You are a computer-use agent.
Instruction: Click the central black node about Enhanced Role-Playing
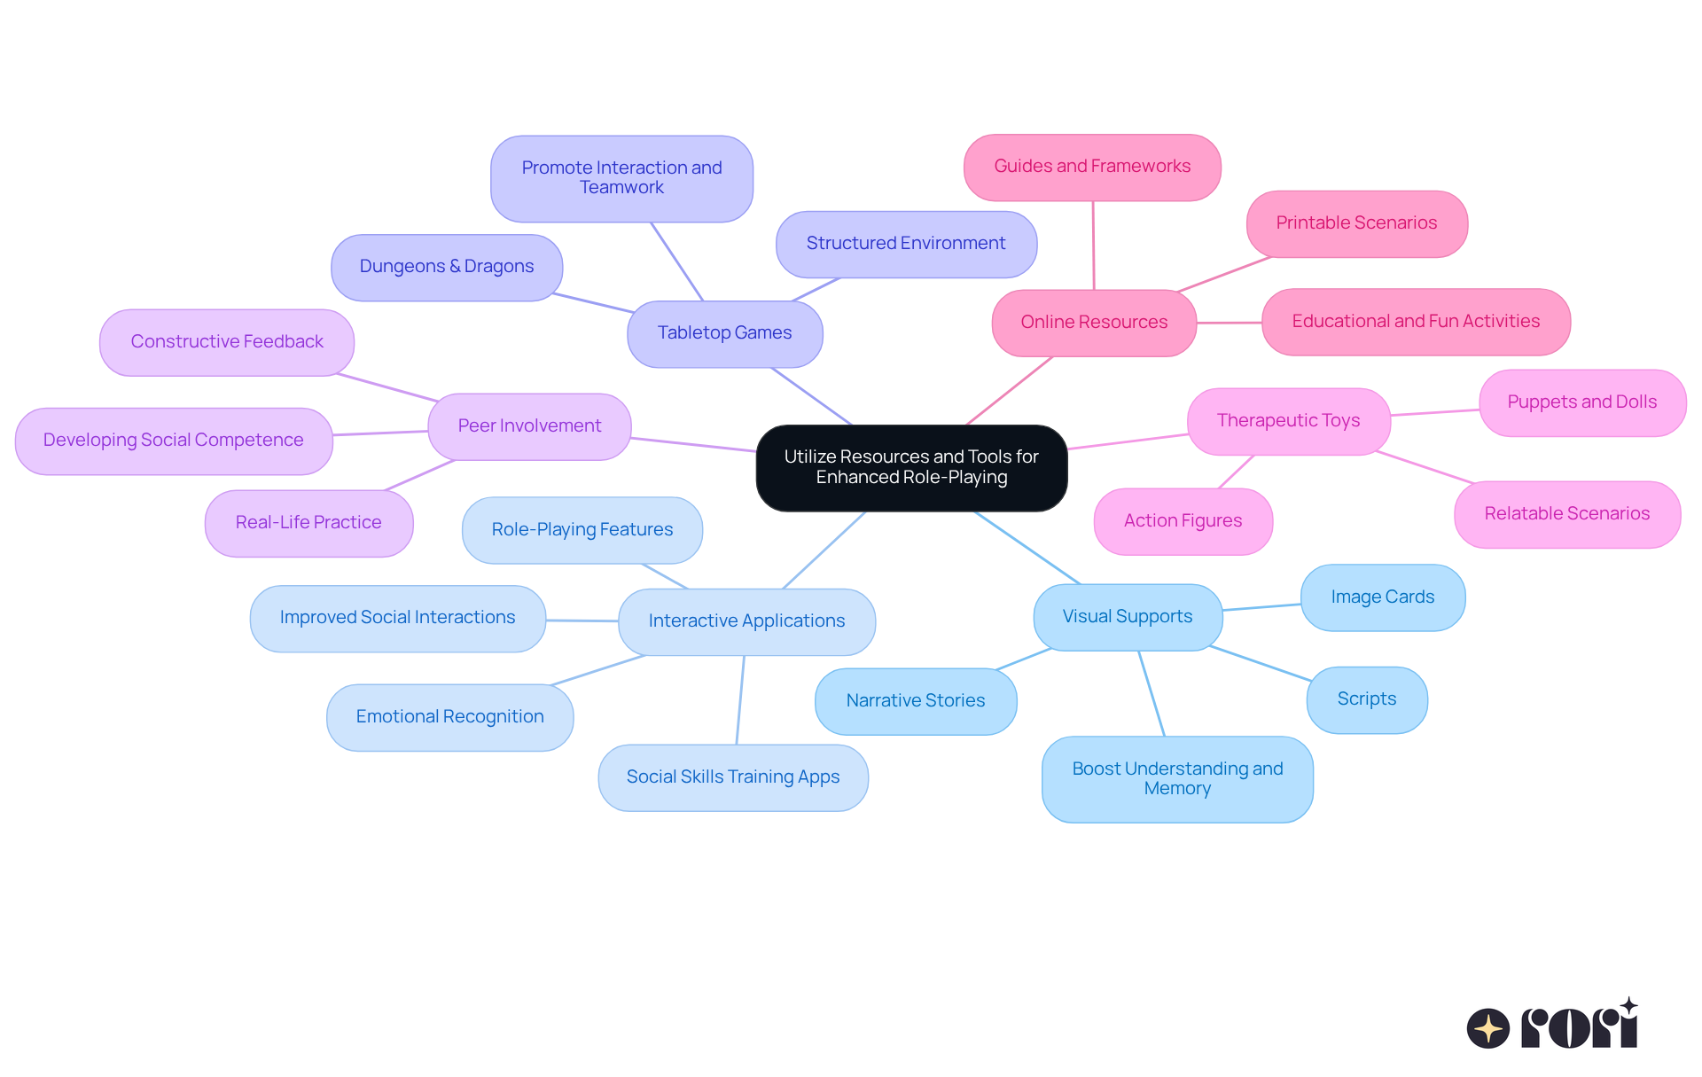pos(911,467)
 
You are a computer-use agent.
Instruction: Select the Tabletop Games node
pos(724,333)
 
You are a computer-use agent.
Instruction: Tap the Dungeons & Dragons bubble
pos(446,267)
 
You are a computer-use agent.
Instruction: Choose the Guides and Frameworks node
pos(1092,167)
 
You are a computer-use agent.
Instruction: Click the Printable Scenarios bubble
pos(1356,223)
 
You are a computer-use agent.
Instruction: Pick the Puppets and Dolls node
pos(1581,402)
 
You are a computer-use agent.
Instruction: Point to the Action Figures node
pos(1183,521)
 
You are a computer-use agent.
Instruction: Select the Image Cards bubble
pos(1382,597)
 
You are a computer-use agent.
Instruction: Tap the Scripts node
pos(1366,699)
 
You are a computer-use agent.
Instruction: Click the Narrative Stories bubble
pos(915,701)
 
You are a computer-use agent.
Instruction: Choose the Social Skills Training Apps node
pos(732,777)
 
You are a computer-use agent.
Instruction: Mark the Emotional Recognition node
pos(449,717)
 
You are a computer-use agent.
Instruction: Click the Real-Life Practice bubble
pos(308,523)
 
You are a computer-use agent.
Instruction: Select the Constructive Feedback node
pos(226,342)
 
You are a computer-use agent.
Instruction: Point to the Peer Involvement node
pos(529,426)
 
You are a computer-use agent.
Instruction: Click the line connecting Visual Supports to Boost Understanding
pos(1152,693)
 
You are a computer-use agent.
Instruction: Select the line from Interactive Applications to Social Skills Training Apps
pos(740,700)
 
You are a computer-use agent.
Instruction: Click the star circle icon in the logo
pos(1487,1028)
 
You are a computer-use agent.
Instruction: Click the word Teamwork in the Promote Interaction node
pos(621,188)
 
